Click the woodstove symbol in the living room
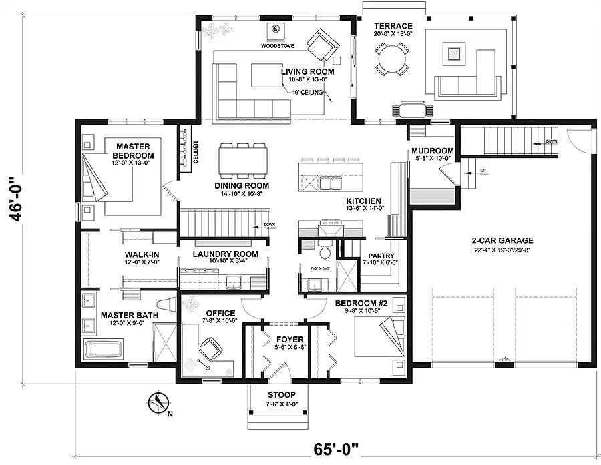pos(276,30)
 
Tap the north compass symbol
pos(158,402)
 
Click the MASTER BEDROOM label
pos(132,151)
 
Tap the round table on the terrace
pos(391,59)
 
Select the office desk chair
pos(212,348)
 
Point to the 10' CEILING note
pos(307,92)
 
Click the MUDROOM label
pos(432,151)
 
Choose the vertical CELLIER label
pos(196,149)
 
